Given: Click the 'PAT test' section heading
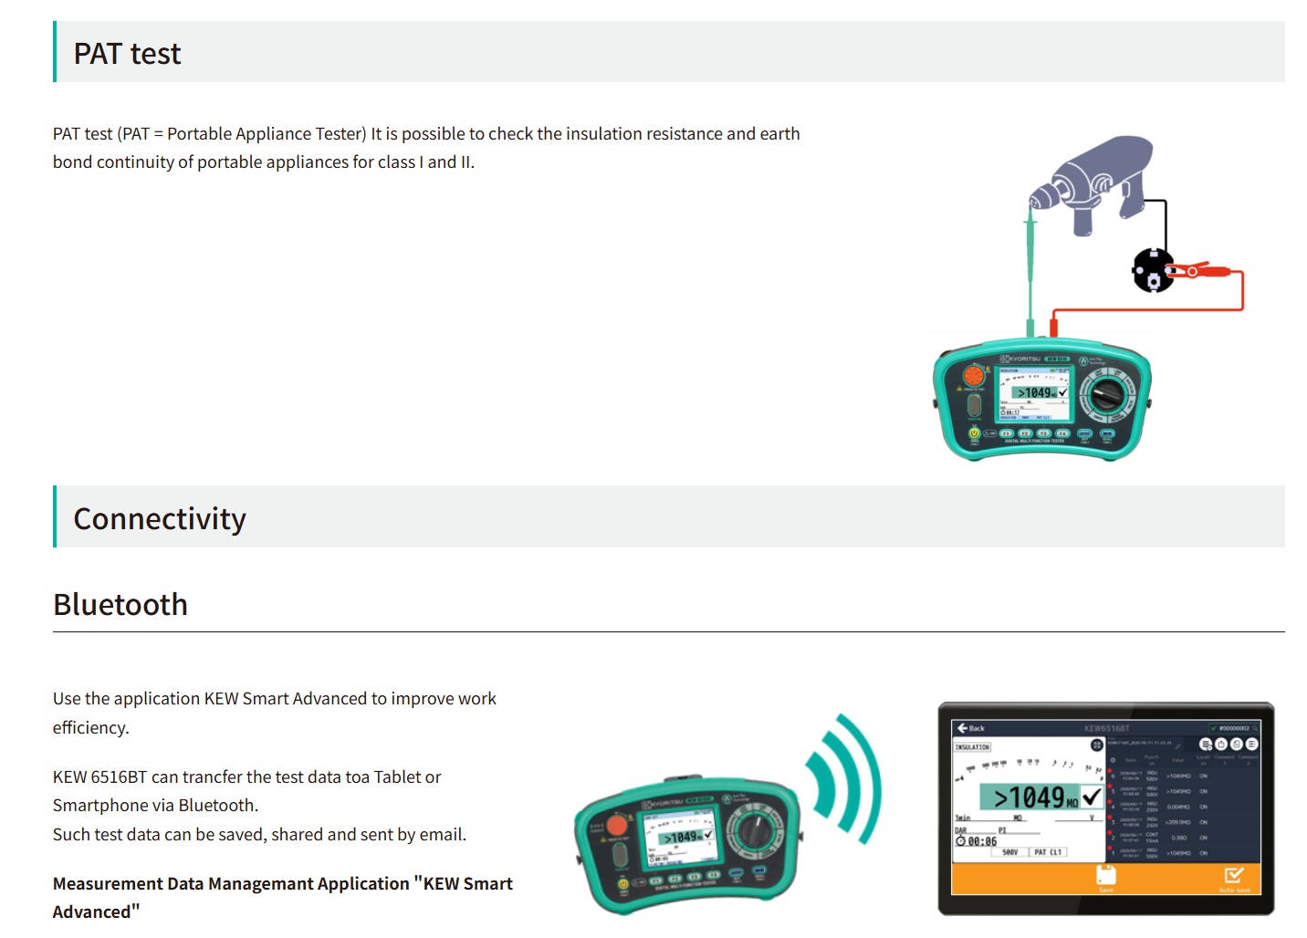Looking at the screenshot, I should [x=127, y=54].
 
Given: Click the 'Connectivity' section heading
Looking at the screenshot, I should [x=160, y=519].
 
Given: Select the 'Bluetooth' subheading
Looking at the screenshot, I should [x=120, y=605].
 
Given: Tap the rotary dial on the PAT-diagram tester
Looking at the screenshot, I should [x=1107, y=395].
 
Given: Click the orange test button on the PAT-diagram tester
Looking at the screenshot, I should [x=974, y=375].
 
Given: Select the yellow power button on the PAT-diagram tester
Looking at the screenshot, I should [x=974, y=433].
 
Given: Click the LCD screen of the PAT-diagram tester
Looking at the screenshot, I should [x=1034, y=393].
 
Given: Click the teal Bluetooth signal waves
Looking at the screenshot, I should [x=844, y=777].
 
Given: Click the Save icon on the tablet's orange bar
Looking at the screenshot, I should [x=1106, y=877].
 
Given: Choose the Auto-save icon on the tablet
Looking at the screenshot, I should [x=1234, y=877].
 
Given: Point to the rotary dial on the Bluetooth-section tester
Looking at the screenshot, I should [x=756, y=830].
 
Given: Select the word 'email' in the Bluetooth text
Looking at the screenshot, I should [x=441, y=835].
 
